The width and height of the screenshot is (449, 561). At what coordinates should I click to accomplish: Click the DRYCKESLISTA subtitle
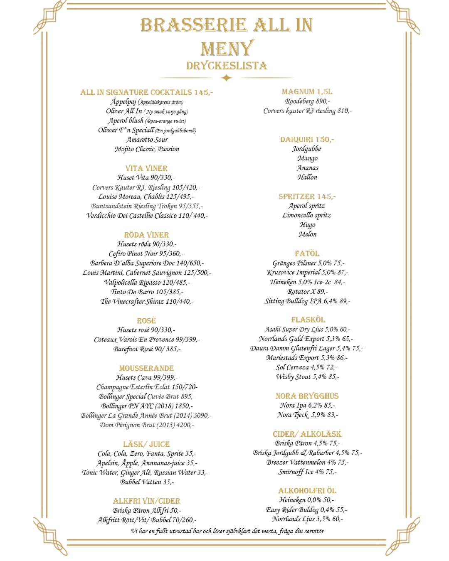tap(227, 66)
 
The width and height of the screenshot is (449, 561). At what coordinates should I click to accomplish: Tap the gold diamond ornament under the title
tap(227, 78)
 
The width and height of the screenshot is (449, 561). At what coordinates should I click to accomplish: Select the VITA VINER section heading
tap(146, 168)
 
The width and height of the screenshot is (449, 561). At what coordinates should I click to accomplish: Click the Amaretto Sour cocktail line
tap(147, 140)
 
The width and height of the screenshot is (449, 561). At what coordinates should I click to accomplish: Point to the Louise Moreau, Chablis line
tap(146, 197)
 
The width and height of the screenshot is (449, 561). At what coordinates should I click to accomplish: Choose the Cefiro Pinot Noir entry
tap(146, 253)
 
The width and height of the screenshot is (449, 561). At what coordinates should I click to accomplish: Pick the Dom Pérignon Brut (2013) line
tap(147, 425)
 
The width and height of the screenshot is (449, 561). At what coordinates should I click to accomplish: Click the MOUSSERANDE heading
tap(146, 368)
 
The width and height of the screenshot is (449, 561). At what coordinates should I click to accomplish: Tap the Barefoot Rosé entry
tap(147, 349)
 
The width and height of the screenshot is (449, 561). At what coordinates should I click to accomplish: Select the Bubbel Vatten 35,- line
tap(147, 482)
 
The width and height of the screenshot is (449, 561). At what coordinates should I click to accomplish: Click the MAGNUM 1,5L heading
tap(307, 92)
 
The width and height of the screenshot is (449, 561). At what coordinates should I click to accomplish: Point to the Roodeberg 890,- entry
tap(307, 101)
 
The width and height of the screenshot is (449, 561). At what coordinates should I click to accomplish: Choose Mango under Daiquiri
tap(307, 158)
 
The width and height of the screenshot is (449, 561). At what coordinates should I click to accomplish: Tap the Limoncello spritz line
tap(307, 215)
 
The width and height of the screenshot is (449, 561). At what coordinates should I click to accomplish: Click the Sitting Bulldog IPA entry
tap(307, 301)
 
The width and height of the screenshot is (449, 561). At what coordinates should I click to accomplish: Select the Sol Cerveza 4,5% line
tap(307, 367)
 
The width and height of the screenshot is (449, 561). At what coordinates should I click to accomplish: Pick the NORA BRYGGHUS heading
tap(307, 396)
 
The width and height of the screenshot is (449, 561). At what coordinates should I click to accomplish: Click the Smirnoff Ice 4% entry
tap(307, 472)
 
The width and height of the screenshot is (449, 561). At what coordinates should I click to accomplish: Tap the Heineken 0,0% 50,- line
tap(307, 500)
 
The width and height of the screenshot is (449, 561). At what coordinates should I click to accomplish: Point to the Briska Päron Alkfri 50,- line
tap(147, 511)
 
